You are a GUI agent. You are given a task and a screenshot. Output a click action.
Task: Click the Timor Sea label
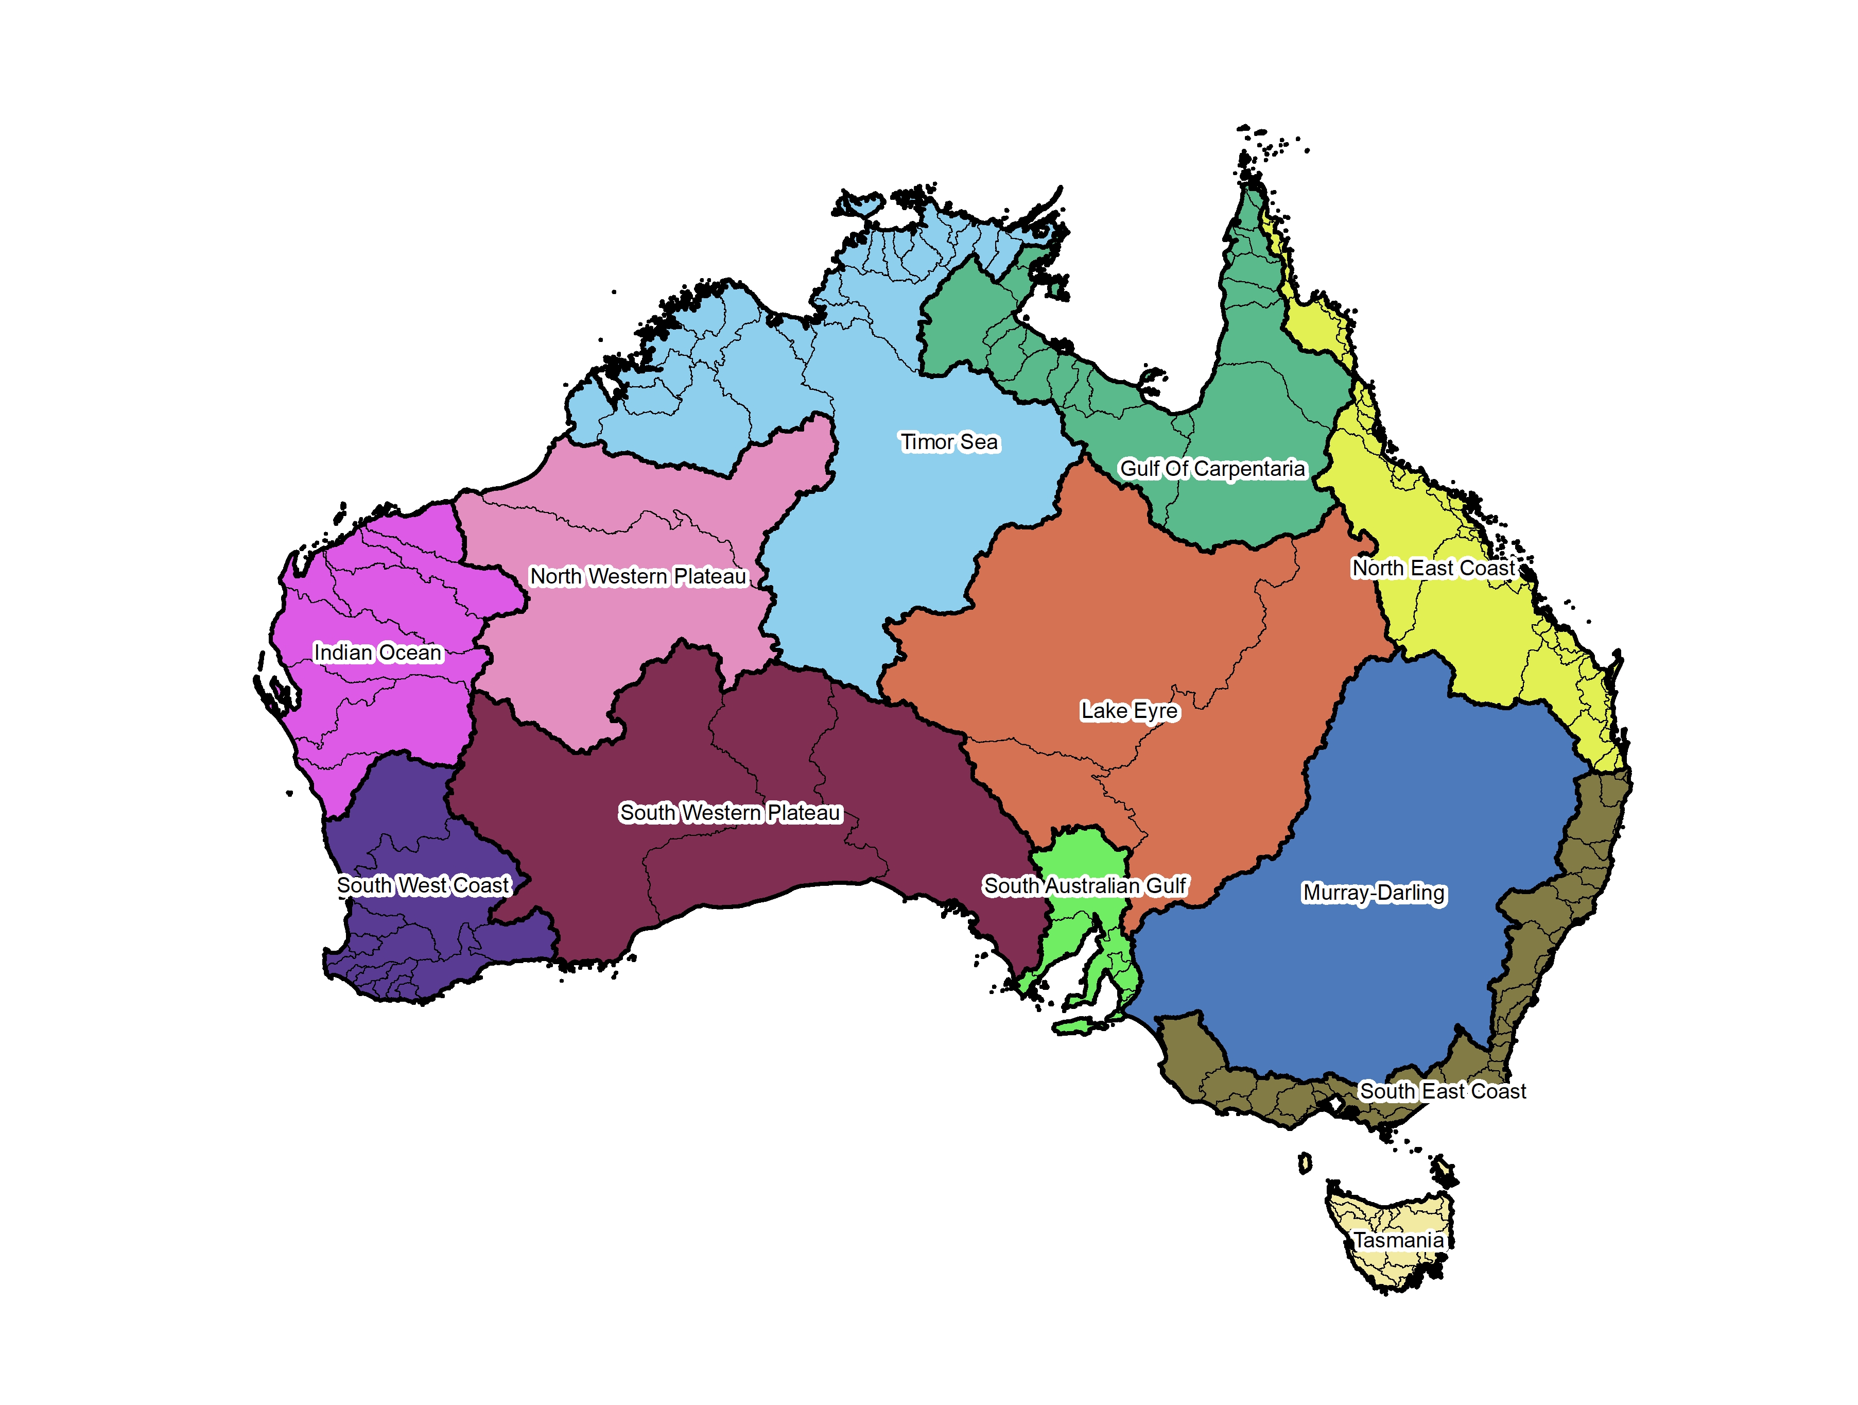pos(949,442)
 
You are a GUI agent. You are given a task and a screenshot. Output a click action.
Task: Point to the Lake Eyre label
pos(1129,711)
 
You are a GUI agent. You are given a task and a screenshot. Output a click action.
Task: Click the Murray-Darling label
pos(1374,893)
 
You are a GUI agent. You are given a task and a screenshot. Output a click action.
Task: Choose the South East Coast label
pos(1442,1091)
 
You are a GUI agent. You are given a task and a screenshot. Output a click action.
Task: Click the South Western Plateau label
pos(730,813)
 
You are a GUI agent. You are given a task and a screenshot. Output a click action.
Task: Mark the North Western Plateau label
pos(638,576)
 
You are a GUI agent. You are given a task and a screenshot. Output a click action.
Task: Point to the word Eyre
pos(1155,711)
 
